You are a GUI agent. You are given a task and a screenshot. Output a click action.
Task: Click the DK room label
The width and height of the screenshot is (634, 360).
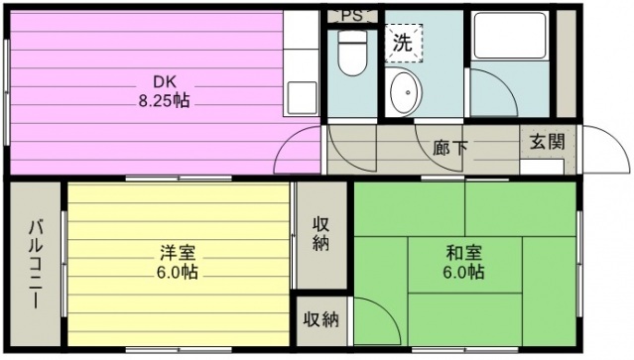click(165, 82)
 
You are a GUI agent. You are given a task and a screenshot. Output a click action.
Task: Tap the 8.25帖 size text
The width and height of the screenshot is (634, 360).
click(164, 100)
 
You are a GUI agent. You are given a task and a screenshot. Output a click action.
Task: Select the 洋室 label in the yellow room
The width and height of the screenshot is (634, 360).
click(178, 253)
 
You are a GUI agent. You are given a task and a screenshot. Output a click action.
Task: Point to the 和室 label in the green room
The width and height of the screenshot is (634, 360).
click(463, 253)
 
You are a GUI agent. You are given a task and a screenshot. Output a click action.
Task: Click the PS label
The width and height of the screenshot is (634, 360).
click(351, 16)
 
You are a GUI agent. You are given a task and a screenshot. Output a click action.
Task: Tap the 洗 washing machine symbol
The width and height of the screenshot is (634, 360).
click(403, 43)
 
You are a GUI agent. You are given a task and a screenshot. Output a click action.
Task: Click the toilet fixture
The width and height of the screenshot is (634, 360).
click(352, 53)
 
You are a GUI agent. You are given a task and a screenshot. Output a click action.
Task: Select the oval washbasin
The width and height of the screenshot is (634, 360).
click(406, 92)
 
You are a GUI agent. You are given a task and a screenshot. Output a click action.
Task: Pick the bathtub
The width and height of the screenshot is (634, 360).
click(511, 36)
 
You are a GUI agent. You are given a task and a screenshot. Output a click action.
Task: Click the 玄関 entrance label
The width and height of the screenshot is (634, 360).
click(548, 142)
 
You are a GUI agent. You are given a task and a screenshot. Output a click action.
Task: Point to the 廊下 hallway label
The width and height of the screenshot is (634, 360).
click(450, 148)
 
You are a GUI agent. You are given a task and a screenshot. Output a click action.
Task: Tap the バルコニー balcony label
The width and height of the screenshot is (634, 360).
click(35, 265)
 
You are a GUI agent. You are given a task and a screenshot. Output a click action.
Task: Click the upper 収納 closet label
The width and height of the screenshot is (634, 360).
click(321, 234)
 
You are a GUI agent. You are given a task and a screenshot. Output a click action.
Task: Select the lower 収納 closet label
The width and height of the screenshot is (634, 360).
click(321, 320)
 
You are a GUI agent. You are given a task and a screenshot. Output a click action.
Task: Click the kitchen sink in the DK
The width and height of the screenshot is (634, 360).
click(302, 98)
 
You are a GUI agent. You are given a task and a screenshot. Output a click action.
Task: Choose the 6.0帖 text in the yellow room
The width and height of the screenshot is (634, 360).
click(178, 272)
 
